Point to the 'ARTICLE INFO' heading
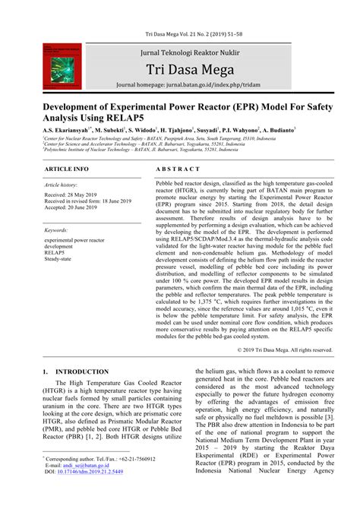click(x=67, y=167)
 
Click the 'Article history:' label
click(x=61, y=185)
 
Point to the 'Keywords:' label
click(x=57, y=229)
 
